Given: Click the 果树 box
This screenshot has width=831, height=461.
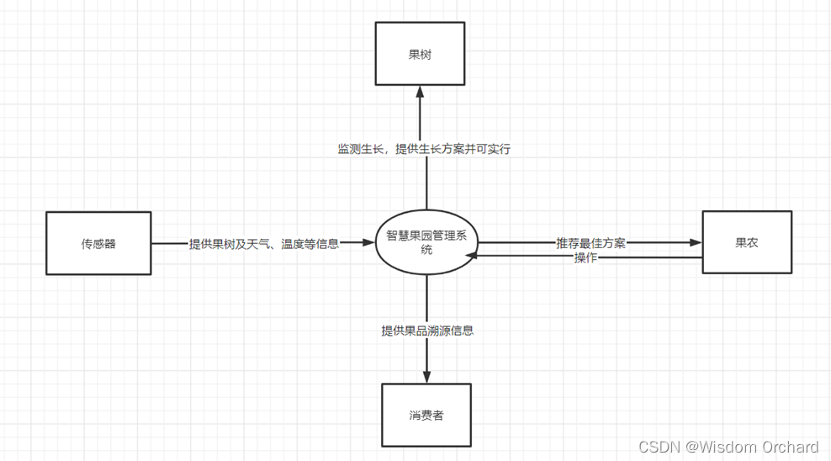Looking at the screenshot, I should (420, 55).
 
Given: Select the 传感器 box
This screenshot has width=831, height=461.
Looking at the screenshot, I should (98, 243).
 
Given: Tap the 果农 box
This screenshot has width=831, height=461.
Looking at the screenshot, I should (747, 242).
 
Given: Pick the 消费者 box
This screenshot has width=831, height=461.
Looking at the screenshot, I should (426, 416).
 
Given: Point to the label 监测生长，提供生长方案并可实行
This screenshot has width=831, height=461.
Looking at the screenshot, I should (424, 149).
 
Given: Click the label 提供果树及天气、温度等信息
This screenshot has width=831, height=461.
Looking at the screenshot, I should (264, 244).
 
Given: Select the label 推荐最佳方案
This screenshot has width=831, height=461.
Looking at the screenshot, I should (590, 243).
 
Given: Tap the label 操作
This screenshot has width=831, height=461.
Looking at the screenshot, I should (585, 257).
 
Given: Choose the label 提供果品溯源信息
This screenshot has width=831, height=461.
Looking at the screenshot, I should (427, 331).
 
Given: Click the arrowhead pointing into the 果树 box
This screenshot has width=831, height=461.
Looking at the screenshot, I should (420, 91).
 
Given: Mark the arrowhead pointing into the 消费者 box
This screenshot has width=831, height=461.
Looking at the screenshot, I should (426, 378).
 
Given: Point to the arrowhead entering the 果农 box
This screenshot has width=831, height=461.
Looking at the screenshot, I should (696, 242).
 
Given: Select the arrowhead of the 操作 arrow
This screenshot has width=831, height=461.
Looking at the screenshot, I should (474, 256).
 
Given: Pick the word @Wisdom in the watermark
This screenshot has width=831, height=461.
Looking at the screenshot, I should (719, 447).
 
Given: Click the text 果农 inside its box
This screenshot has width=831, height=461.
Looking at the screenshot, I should (747, 242).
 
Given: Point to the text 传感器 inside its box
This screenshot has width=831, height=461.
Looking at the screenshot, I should (98, 244).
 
